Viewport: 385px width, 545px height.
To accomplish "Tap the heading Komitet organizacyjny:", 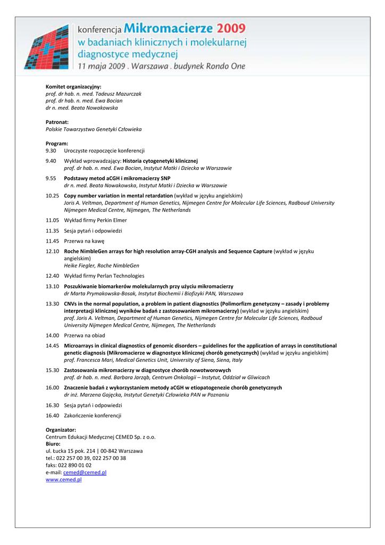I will pyautogui.click(x=73, y=86).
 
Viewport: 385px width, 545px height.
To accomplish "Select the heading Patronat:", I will pyautogui.click(x=57, y=122).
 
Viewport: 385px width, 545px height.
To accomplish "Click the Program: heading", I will pyautogui.click(x=57, y=144).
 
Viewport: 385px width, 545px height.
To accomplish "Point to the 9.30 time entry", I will pyautogui.click(x=51, y=151).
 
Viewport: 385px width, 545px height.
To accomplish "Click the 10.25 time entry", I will pyautogui.click(x=52, y=196).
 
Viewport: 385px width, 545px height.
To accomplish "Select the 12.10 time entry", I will pyautogui.click(x=52, y=251).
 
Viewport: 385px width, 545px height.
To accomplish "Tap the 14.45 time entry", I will pyautogui.click(x=52, y=346).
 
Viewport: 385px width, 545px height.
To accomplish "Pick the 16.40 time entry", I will pyautogui.click(x=52, y=415).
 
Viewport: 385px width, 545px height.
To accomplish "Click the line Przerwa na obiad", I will pyautogui.click(x=85, y=336).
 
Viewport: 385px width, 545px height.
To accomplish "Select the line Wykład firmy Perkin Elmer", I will pyautogui.click(x=96, y=220).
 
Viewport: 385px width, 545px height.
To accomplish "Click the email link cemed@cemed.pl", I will pyautogui.click(x=85, y=473).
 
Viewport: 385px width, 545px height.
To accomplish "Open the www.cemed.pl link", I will pyautogui.click(x=64, y=480).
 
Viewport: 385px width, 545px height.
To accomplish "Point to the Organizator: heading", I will pyautogui.click(x=61, y=430).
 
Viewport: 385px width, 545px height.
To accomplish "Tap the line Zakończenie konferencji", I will pyautogui.click(x=93, y=415).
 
